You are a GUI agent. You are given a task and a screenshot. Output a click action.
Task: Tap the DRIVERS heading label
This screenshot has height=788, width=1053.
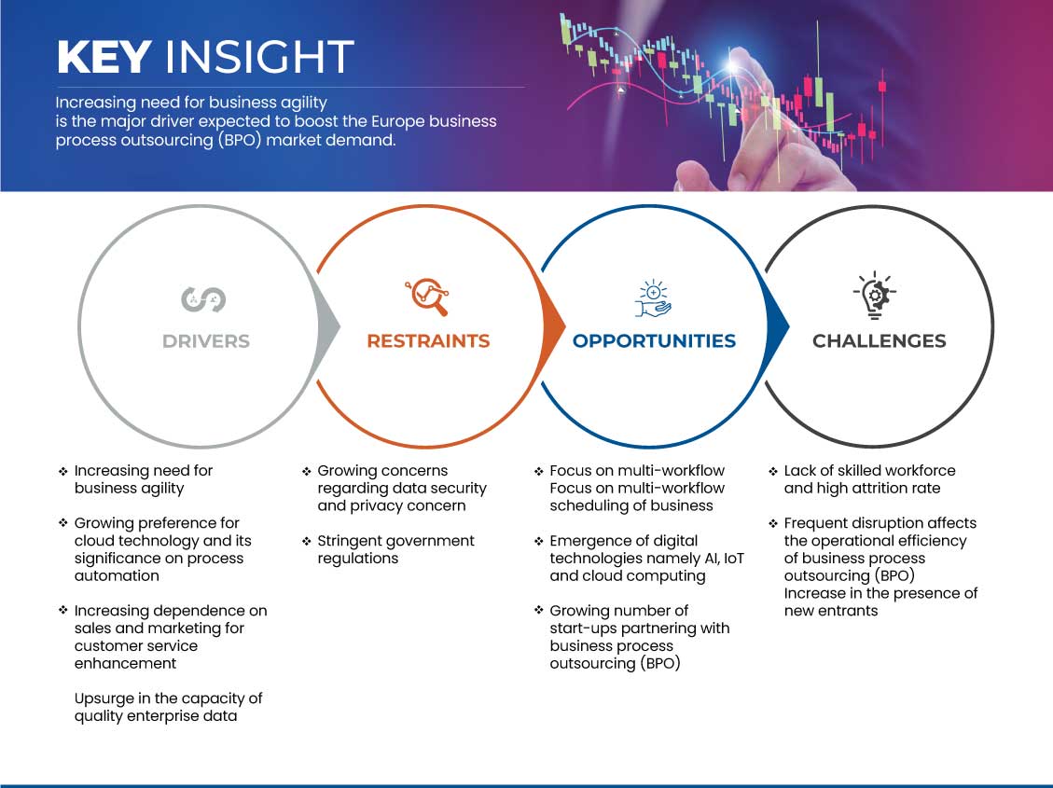coord(206,341)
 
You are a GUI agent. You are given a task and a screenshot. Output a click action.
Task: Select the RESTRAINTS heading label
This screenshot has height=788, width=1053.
coord(428,341)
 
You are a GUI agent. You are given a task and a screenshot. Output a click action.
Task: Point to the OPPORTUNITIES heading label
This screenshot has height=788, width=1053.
coord(654,341)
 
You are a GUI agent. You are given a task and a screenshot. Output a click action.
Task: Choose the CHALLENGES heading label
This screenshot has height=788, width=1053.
coord(880,341)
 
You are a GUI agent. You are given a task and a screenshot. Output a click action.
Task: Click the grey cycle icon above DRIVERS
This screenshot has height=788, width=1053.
coord(203,299)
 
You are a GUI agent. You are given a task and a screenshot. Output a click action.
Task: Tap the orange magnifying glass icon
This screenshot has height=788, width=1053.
coord(427,296)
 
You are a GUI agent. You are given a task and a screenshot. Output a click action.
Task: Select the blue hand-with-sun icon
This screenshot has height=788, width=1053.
coord(653,298)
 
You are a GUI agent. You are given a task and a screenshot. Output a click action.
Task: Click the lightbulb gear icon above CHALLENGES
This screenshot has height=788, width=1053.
coord(874,296)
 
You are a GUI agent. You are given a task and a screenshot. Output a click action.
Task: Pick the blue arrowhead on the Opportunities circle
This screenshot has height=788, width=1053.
coord(778,327)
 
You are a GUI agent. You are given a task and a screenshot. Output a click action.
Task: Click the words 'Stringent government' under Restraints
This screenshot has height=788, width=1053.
coord(395,541)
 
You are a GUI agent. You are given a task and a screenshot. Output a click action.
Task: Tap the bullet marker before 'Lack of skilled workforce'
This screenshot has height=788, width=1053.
coord(773,471)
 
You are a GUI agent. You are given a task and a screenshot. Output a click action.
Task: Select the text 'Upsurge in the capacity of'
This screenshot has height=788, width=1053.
coord(168,698)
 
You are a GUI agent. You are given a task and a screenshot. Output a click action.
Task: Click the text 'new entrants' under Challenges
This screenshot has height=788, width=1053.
coord(831,611)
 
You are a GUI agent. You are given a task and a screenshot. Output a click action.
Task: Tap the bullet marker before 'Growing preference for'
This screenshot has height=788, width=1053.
coord(63,523)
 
